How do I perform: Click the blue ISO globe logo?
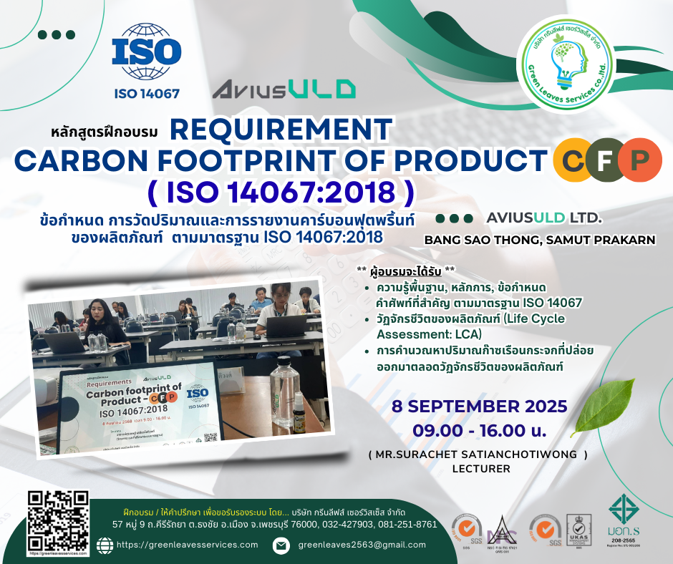(147, 54)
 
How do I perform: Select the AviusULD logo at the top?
(284, 89)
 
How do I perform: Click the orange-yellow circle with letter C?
(573, 159)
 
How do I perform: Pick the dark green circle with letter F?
(606, 159)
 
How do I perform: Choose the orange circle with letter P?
(636, 159)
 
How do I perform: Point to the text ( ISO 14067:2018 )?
(281, 193)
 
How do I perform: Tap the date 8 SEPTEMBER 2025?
(479, 407)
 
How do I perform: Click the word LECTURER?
(480, 469)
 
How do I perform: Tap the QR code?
(57, 522)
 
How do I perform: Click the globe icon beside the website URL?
(105, 545)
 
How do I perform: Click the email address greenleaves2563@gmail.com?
(362, 545)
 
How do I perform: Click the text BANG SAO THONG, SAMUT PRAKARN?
(540, 240)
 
